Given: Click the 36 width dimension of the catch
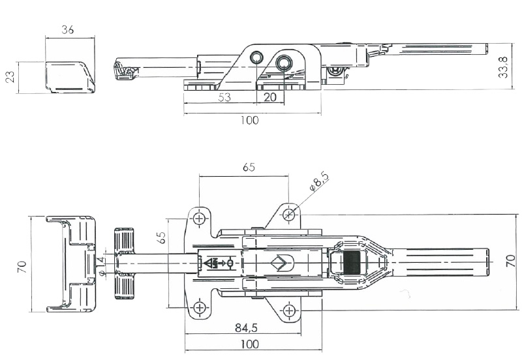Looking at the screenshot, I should click(67, 29).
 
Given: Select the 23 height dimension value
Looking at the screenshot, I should click(10, 78).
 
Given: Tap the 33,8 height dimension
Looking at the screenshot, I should click(502, 67).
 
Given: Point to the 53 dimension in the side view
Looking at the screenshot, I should click(224, 97).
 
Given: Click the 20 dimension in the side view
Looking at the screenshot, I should click(269, 97).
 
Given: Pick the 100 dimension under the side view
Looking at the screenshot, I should click(249, 120).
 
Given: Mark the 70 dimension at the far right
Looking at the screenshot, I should click(511, 262).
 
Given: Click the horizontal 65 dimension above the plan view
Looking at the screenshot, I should click(249, 167).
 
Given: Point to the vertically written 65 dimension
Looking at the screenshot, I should click(162, 236).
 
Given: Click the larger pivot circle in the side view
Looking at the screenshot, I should click(284, 63).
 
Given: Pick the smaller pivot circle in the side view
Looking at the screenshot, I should click(257, 57).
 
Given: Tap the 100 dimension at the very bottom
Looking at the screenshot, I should click(249, 344).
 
